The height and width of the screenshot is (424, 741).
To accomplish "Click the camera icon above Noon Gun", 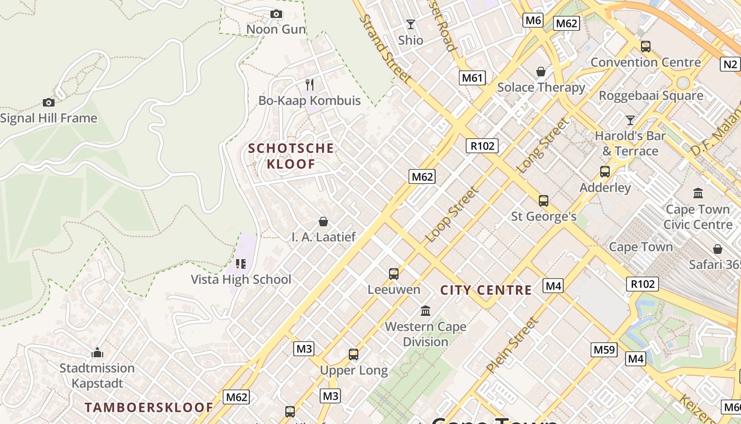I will coord(276,14).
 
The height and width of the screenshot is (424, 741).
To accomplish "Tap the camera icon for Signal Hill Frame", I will coord(49,102).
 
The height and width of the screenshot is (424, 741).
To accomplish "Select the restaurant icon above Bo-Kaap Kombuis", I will coord(310,84).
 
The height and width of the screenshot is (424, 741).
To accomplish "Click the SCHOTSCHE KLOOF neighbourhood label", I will coord(291,156).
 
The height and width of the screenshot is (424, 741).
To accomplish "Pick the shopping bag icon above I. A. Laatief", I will coord(323,222).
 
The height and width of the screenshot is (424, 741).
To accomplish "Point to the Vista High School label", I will coord(241,279).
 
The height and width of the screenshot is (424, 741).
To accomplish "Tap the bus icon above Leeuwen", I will coord(394,274).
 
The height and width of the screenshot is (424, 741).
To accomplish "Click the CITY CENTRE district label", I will coord(486,290).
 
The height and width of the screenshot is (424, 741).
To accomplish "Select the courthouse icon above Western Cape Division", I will coord(426,311).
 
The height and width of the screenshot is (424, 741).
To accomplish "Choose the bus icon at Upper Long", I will coord(354,355).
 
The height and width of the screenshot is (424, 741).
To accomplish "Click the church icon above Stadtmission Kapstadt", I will coord(97,352).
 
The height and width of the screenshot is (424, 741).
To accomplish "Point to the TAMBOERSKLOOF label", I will coord(149,408).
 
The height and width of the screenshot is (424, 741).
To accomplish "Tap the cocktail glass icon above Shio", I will coord(410,24).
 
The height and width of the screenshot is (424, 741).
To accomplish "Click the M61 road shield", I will coord(472,78).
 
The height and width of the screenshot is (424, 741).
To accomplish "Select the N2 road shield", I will coord(730,64).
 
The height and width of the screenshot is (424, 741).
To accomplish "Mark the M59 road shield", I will coord(604,349).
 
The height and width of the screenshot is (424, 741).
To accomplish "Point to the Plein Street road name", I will coord(512,344).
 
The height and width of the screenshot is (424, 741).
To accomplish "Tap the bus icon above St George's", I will coord(544,201).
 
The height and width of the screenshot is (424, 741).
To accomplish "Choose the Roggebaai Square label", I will coord(651,96).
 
